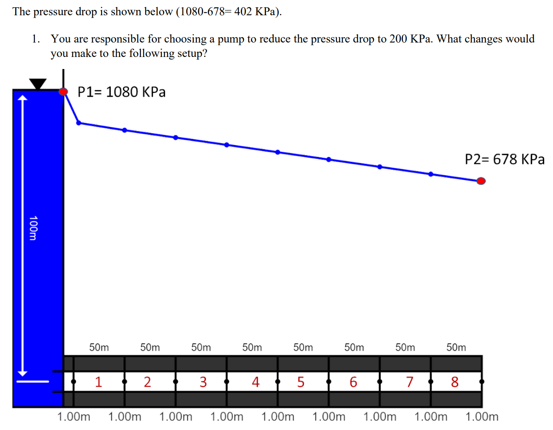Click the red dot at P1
click(x=63, y=91)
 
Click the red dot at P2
click(x=481, y=181)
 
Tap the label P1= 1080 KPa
click(x=121, y=92)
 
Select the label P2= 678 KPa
click(x=505, y=159)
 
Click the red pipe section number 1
click(x=99, y=381)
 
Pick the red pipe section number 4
click(x=255, y=381)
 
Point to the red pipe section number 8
click(x=454, y=381)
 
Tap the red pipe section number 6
click(x=353, y=381)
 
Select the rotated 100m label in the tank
click(x=33, y=228)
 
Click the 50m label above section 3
click(x=201, y=347)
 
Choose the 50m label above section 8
click(x=456, y=347)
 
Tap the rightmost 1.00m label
click(x=482, y=417)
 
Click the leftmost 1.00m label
click(x=74, y=417)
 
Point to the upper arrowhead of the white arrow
click(x=23, y=97)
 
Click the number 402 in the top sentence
click(x=243, y=12)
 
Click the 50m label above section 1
click(x=99, y=347)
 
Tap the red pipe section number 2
click(x=147, y=381)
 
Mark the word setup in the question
click(x=190, y=53)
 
